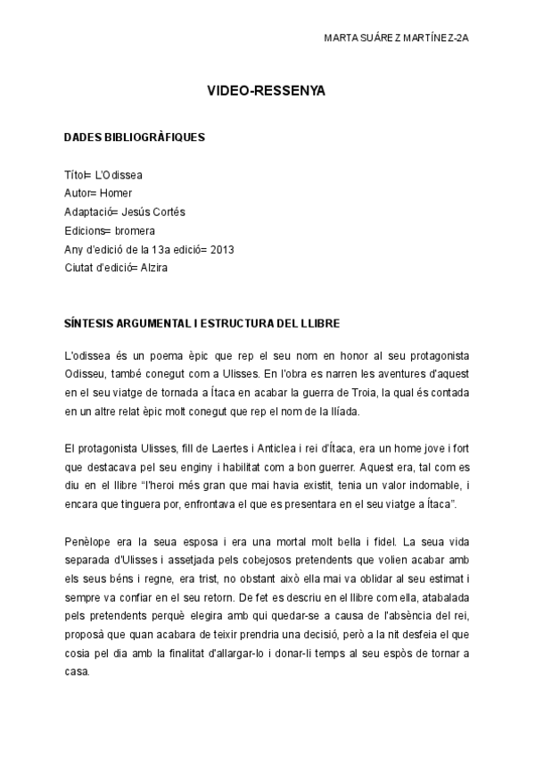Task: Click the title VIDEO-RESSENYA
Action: (267, 90)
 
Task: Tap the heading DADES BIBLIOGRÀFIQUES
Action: (135, 137)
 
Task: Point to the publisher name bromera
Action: (135, 229)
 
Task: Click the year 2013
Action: (223, 248)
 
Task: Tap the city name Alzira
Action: (149, 267)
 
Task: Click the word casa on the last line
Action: (78, 671)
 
